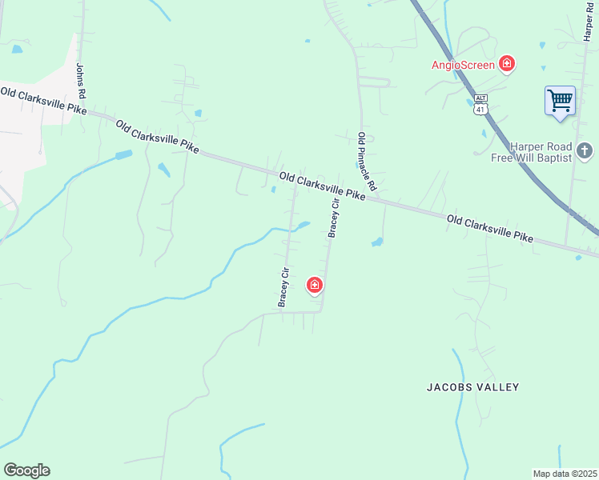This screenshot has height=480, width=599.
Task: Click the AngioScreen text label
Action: [x=463, y=64]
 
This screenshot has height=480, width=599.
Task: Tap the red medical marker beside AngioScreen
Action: [x=506, y=63]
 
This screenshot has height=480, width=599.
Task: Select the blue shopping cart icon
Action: [x=560, y=101]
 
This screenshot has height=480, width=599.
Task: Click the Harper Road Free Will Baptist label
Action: [x=532, y=152]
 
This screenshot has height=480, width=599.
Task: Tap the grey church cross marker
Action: [x=585, y=150]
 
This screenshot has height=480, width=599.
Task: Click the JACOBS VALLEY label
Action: [x=472, y=387]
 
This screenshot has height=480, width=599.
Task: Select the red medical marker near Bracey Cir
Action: [x=315, y=284]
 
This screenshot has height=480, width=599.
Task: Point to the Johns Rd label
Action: [x=81, y=82]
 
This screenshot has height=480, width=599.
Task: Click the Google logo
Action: [x=26, y=470]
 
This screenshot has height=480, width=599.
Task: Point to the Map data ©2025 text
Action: [x=564, y=473]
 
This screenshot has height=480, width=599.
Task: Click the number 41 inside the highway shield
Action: [x=480, y=108]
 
